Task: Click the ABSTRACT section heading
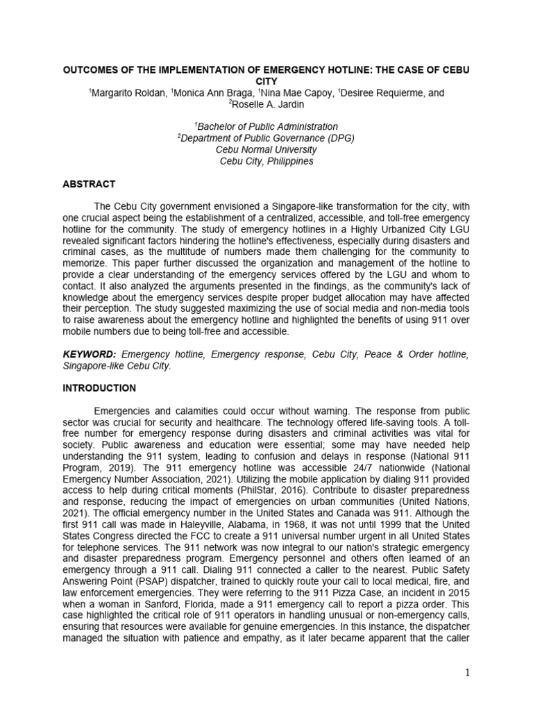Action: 89,185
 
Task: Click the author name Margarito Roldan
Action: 122,93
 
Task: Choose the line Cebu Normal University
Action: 266,149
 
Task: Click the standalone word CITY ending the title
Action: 266,81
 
